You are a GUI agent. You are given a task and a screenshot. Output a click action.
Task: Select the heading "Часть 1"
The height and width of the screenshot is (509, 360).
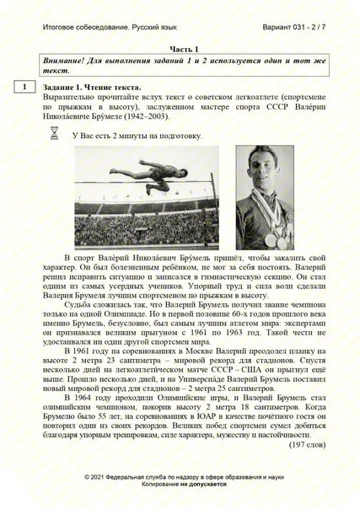click(182, 51)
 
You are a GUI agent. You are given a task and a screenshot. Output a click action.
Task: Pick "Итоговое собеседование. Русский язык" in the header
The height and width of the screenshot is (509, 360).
click(99, 28)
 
